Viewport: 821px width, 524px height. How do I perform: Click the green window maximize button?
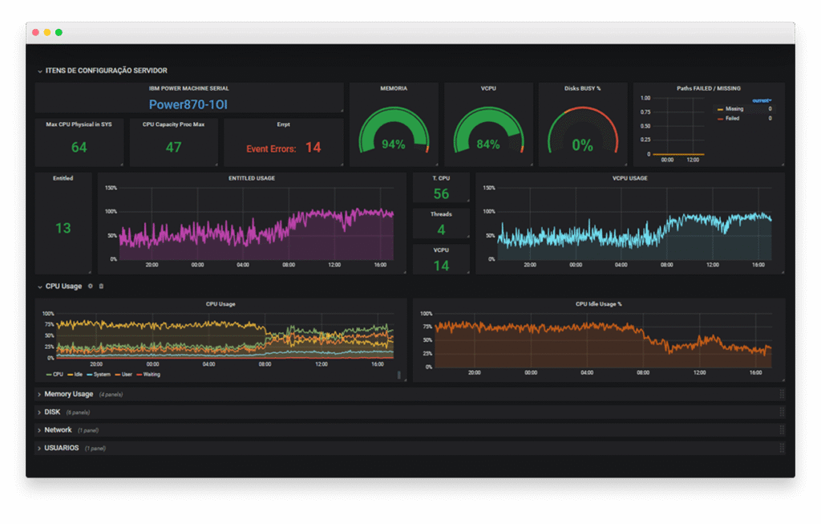[x=59, y=32]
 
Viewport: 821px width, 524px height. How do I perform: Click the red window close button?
[x=35, y=32]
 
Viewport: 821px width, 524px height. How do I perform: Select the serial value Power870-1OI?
[x=189, y=104]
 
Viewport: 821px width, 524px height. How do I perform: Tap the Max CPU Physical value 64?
[x=79, y=148]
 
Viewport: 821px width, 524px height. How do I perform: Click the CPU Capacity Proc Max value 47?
[x=173, y=148]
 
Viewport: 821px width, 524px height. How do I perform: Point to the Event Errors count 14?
[x=313, y=148]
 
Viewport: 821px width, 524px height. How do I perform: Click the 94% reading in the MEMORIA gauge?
[x=393, y=145]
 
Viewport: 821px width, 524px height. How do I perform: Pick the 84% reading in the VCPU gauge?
[x=487, y=145]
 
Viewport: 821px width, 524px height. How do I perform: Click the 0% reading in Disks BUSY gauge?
[x=582, y=145]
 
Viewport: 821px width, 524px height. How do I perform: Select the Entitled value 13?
[x=63, y=229]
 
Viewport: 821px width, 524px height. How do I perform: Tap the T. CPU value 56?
[x=441, y=194]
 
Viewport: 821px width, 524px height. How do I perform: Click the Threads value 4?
[x=441, y=230]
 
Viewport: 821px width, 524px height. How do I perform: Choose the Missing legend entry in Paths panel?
[x=734, y=109]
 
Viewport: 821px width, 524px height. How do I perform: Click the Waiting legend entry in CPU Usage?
[x=150, y=375]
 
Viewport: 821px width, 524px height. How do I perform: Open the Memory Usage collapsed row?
[x=69, y=394]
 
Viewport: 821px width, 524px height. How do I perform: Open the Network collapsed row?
[x=58, y=430]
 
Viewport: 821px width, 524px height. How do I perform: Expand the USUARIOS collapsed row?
[x=61, y=448]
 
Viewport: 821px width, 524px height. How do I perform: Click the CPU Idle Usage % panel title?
[x=598, y=304]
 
